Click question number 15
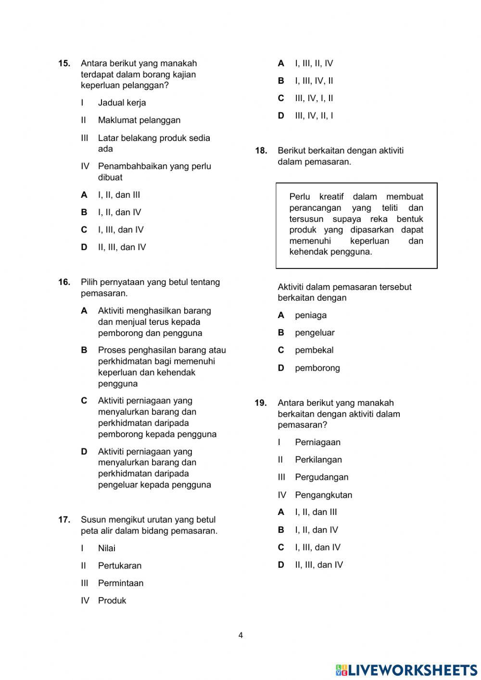pyautogui.click(x=64, y=64)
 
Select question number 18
pyautogui.click(x=261, y=151)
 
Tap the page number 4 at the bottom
pyautogui.click(x=240, y=635)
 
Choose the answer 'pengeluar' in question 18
pyautogui.click(x=315, y=333)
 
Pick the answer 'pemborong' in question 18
pyautogui.click(x=317, y=368)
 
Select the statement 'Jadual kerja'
pyautogui.click(x=122, y=103)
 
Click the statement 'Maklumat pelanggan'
pyautogui.click(x=139, y=120)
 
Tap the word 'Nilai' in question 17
pyautogui.click(x=106, y=548)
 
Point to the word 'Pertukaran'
pyautogui.click(x=119, y=565)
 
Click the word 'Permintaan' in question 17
pyautogui.click(x=120, y=583)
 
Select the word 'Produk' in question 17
pyautogui.click(x=112, y=601)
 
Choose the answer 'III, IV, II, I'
pyautogui.click(x=314, y=115)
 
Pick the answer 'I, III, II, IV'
pyautogui.click(x=314, y=64)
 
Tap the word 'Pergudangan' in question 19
pyautogui.click(x=321, y=477)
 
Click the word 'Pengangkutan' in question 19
pyautogui.click(x=323, y=495)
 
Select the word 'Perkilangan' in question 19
pyautogui.click(x=318, y=460)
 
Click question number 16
pyautogui.click(x=64, y=282)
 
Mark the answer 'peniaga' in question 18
pyautogui.click(x=310, y=315)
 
